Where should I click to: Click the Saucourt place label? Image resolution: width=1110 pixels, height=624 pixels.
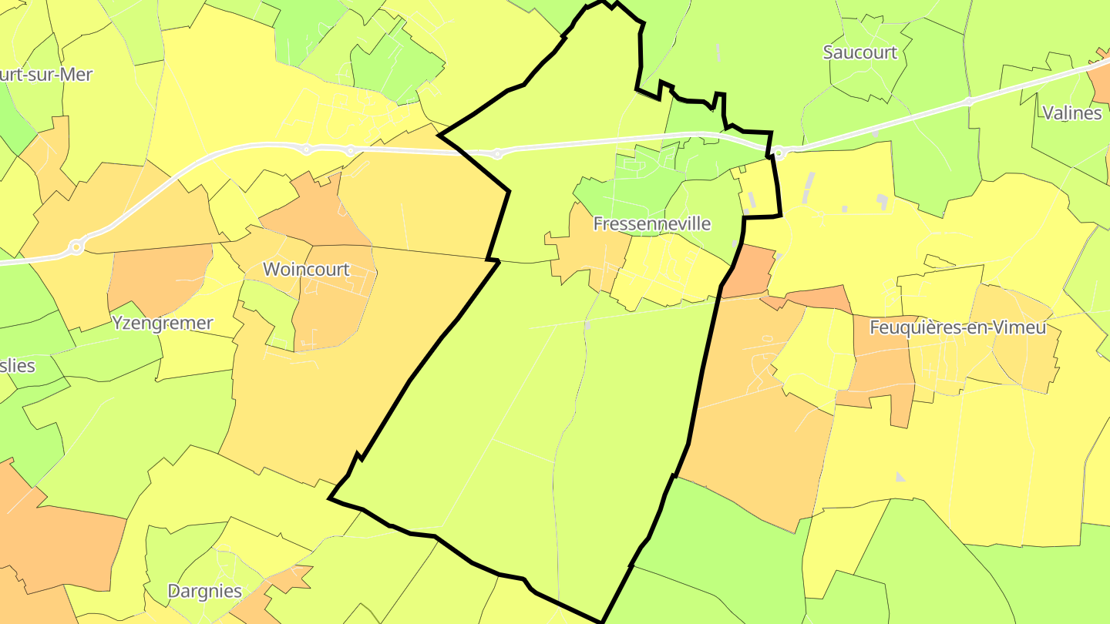coord(860,52)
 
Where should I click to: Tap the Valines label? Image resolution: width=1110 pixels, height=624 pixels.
coord(1071,113)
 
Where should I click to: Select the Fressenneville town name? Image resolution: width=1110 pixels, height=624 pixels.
coord(651,224)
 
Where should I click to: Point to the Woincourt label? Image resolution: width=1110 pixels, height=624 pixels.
coord(306,270)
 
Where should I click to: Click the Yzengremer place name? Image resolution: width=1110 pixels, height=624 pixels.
coord(162,323)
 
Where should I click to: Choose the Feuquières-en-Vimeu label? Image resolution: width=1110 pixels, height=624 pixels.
coord(957,327)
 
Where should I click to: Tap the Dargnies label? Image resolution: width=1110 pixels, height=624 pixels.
coord(205,592)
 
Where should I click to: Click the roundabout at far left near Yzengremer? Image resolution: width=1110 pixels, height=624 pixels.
coord(76,247)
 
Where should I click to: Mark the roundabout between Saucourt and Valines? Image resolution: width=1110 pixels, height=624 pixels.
coord(969,101)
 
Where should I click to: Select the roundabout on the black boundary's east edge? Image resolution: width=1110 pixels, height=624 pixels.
coord(779,153)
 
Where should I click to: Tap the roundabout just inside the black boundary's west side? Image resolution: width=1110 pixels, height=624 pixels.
coord(497,154)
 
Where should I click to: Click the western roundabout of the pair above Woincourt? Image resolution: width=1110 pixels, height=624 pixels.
coord(306,149)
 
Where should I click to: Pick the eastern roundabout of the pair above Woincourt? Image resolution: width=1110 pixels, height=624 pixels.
coord(351,150)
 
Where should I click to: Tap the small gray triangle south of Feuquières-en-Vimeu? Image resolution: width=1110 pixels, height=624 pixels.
coord(900,478)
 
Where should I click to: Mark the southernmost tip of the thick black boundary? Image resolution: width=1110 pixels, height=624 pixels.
coord(601,621)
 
